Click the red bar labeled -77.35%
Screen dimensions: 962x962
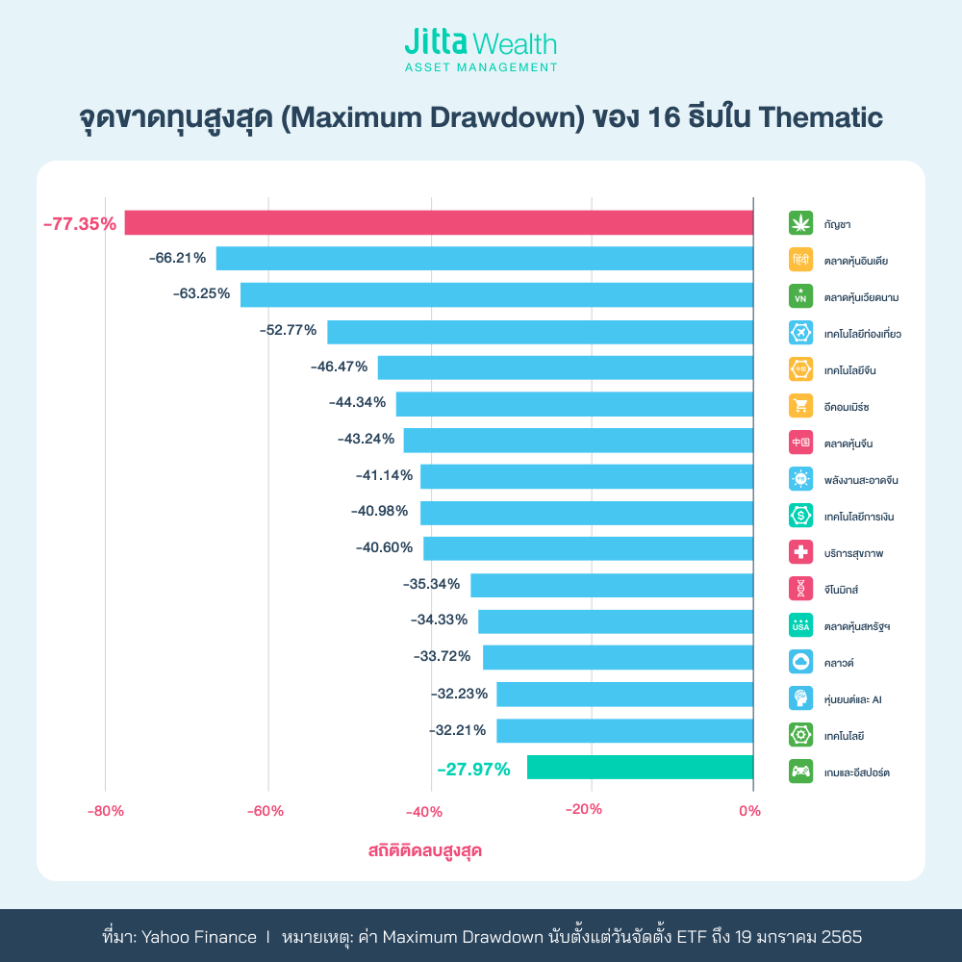coord(439,222)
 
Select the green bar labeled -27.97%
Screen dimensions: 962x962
coord(640,767)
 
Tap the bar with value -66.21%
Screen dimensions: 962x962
coord(484,259)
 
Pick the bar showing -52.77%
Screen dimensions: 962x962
coord(540,331)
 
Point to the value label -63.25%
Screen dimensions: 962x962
coord(202,294)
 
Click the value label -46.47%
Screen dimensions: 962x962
coord(341,367)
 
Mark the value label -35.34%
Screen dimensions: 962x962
coord(433,584)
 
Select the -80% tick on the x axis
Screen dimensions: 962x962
coord(106,810)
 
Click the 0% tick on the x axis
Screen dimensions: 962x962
coord(750,810)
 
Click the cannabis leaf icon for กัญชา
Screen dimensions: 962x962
coord(800,223)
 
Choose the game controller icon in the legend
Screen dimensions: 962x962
coord(800,771)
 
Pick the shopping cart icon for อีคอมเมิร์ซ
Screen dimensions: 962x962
coord(800,406)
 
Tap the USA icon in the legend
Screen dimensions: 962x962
coord(800,625)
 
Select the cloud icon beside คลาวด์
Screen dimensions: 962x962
coord(800,662)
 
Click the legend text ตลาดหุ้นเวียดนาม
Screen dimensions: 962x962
coord(862,297)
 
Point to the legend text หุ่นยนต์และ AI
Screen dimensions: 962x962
coord(853,699)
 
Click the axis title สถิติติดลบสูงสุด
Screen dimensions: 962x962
coord(424,851)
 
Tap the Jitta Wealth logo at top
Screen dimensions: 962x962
coord(481,51)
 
